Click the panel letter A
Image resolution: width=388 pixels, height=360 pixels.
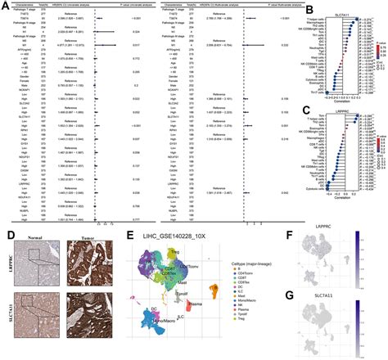5,4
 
